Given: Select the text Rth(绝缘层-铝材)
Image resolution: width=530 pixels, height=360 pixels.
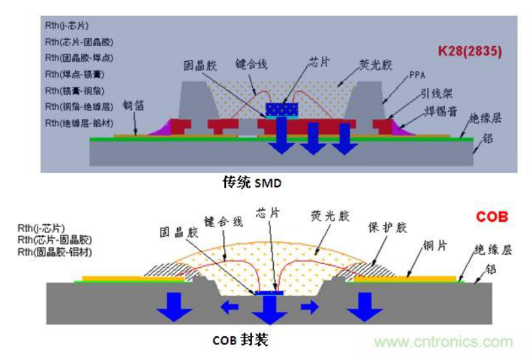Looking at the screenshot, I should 78,122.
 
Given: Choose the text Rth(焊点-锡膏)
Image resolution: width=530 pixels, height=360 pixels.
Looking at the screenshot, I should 74,74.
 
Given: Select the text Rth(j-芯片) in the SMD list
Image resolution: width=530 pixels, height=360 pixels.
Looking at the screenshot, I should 66,26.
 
